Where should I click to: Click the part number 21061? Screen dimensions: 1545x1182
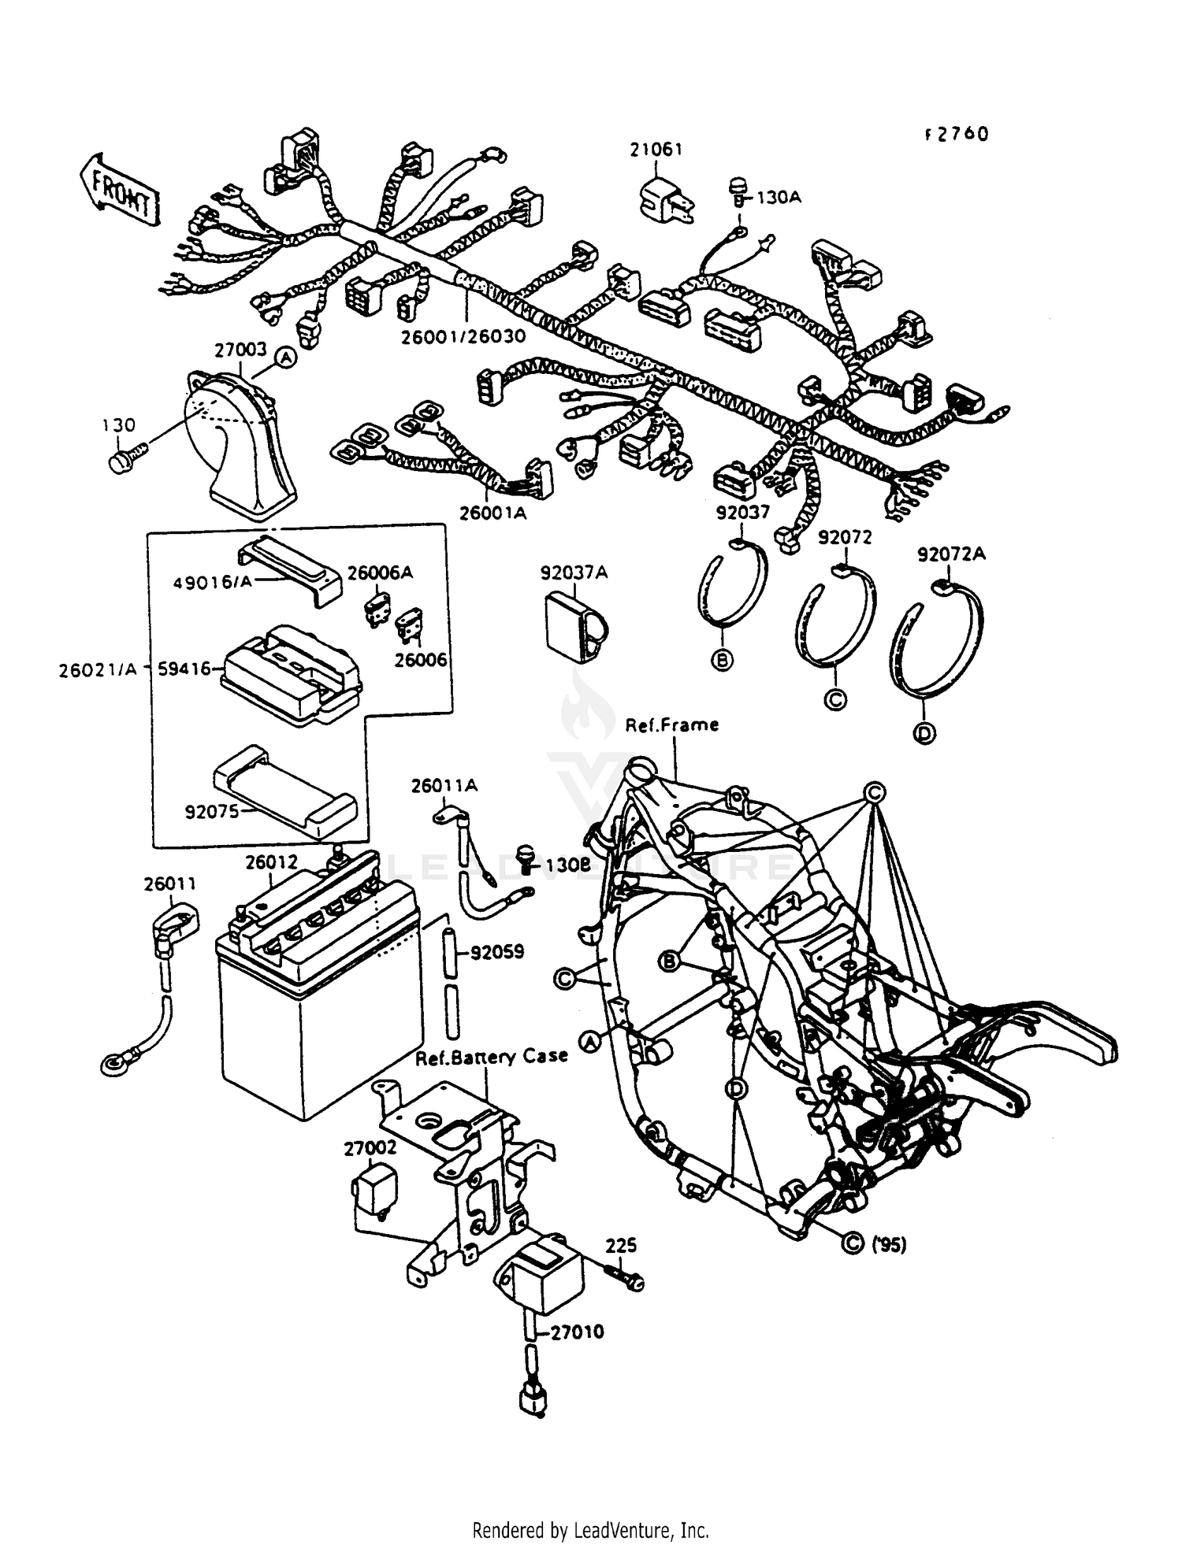click(x=656, y=149)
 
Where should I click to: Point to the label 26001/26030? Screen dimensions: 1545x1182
click(x=463, y=336)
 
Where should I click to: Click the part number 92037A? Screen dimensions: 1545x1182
click(x=574, y=572)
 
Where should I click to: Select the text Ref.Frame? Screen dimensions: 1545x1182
click(x=671, y=724)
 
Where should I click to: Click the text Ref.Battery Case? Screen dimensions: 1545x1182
click(x=492, y=1057)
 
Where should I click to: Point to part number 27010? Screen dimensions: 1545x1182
click(x=577, y=1332)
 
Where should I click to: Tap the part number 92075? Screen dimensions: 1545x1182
click(x=211, y=811)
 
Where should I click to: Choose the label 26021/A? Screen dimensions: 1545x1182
click(x=97, y=669)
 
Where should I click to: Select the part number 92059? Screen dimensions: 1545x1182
click(x=496, y=953)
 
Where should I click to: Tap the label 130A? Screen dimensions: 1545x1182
click(x=778, y=197)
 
